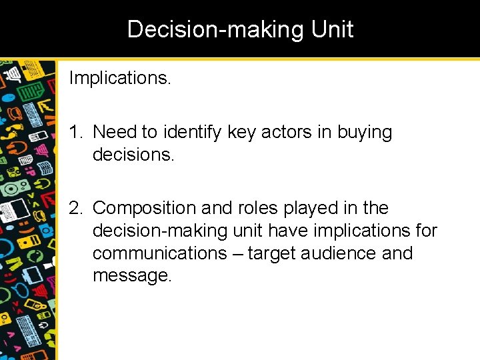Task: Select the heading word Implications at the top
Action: pos(119,79)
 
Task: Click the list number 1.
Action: pos(75,132)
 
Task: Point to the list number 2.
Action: pos(75,208)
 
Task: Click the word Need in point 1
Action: pos(114,132)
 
